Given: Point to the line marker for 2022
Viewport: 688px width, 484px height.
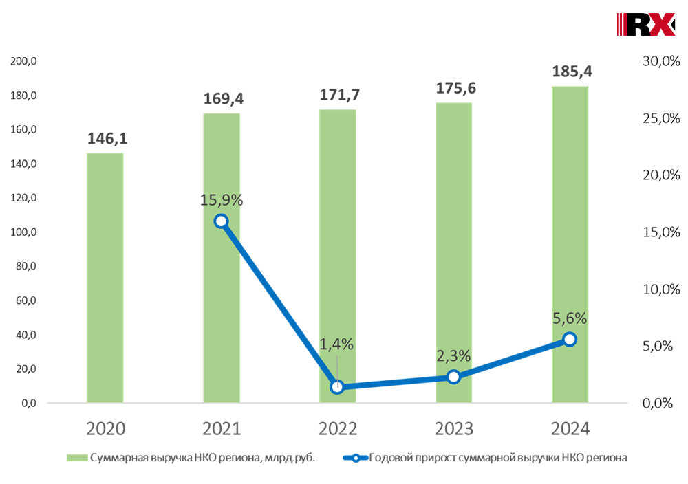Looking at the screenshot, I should [x=337, y=387].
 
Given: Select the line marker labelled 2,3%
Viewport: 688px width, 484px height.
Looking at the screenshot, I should [x=453, y=377].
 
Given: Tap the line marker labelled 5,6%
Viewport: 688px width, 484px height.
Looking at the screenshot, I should [x=570, y=339].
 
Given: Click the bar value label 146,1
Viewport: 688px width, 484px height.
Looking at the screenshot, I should [x=107, y=139].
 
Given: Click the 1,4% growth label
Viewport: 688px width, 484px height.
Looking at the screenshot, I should [x=336, y=344].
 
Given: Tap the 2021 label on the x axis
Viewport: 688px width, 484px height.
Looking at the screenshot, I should [x=222, y=429].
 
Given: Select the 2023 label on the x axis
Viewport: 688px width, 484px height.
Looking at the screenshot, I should [x=454, y=429].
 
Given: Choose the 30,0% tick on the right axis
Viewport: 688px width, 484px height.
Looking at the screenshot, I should [x=660, y=61].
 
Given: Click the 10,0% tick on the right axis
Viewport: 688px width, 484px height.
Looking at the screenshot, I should [x=660, y=289].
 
